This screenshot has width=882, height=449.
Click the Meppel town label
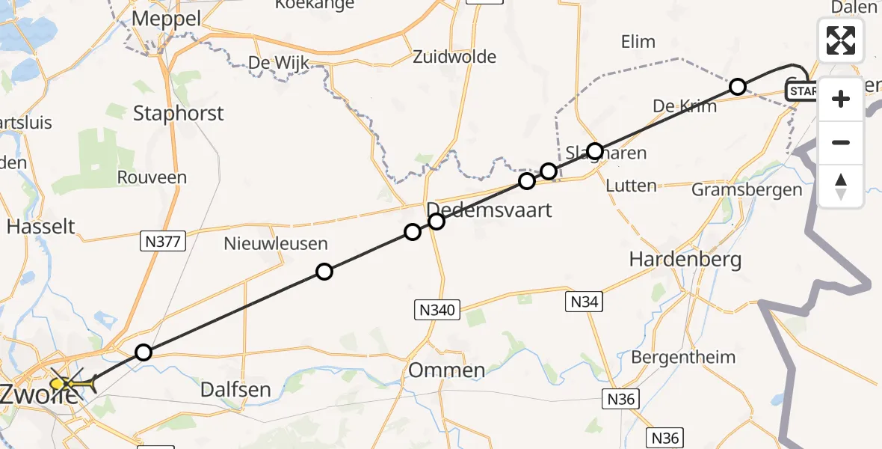click(x=166, y=19)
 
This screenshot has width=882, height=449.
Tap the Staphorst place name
click(x=178, y=113)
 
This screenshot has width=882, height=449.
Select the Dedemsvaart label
click(x=490, y=210)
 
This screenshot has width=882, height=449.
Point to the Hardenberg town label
click(x=685, y=260)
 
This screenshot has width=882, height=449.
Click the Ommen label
click(x=447, y=370)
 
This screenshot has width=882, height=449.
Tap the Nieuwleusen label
click(x=276, y=243)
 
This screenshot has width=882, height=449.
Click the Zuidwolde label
click(x=454, y=57)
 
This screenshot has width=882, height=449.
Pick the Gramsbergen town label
click(x=747, y=189)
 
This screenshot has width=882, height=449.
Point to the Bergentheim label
click(x=683, y=357)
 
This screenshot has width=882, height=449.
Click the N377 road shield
click(x=163, y=241)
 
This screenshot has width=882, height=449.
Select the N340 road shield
click(x=437, y=309)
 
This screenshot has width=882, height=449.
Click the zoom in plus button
click(x=841, y=99)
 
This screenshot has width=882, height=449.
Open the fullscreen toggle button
click(x=841, y=40)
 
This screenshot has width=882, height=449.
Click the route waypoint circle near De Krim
click(x=738, y=87)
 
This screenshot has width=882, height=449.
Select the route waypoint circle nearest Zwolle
click(x=144, y=352)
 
